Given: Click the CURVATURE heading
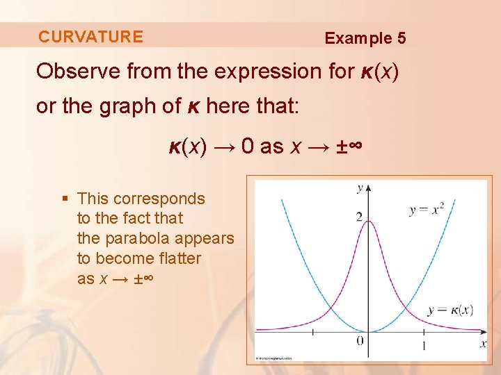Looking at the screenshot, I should (90, 37).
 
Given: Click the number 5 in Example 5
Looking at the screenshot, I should (401, 39).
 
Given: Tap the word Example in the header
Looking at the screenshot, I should (358, 39).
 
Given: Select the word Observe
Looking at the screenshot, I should (77, 72).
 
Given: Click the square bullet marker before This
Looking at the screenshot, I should (65, 199).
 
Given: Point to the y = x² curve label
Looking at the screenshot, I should (427, 208).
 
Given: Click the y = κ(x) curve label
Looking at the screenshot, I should (450, 310).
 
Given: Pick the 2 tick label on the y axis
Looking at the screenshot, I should (359, 217).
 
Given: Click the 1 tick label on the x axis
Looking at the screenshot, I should (424, 345).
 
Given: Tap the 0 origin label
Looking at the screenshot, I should (360, 340).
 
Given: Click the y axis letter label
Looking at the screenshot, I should (359, 187).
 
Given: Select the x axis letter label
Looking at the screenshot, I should (483, 343).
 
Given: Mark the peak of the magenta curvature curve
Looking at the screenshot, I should (368, 221).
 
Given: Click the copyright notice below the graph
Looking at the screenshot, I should (275, 358).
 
